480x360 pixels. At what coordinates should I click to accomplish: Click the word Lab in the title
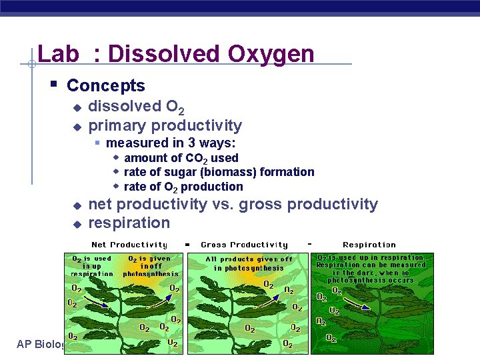point(58,53)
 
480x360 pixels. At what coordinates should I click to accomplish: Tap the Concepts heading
point(105,85)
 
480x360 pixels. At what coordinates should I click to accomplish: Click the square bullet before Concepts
point(54,85)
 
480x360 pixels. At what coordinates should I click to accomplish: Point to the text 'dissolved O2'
point(136,107)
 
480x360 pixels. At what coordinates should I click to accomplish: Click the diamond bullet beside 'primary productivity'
point(77,127)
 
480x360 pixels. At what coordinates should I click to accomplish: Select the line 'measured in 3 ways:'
point(171,143)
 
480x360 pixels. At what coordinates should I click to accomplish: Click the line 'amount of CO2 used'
point(181,158)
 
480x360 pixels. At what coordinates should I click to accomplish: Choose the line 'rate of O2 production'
point(183,187)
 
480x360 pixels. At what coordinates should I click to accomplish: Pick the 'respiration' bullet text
point(129,223)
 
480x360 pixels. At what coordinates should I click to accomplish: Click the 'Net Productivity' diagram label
point(129,245)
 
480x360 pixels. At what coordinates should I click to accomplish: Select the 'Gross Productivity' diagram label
point(244,245)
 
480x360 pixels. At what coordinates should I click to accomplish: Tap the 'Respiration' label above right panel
point(369,245)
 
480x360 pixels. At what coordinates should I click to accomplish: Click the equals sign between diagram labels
point(187,245)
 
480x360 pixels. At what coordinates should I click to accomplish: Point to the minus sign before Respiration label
point(309,244)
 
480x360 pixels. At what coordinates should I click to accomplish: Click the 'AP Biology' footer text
point(40,344)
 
